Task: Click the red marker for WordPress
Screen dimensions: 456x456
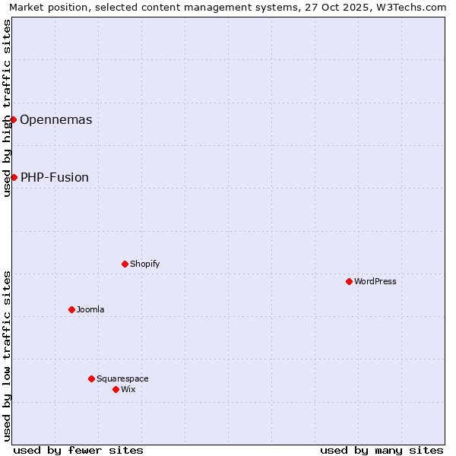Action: tap(349, 281)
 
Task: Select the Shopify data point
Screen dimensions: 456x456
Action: tap(125, 264)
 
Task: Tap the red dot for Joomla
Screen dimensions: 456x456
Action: tap(71, 309)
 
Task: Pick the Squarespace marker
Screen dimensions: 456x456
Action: tap(91, 378)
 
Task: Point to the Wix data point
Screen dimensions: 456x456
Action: tap(116, 389)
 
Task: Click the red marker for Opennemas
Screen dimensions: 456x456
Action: tap(13, 119)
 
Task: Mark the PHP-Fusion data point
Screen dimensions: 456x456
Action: tap(14, 177)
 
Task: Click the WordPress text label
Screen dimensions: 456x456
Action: tap(375, 281)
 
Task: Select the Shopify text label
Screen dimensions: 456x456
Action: tap(144, 264)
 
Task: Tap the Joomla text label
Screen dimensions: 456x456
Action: tap(90, 309)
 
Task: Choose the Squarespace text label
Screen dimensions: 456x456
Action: tap(122, 378)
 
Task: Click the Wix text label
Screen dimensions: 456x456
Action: tap(128, 389)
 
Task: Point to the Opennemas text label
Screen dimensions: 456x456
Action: tap(56, 119)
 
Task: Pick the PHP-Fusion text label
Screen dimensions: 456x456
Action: tap(55, 177)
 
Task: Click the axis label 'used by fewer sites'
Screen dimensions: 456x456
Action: tap(78, 450)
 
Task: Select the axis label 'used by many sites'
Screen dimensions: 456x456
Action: tap(382, 450)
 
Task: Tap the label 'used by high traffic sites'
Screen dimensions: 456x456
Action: tap(7, 108)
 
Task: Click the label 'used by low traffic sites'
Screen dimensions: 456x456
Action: tap(7, 356)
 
